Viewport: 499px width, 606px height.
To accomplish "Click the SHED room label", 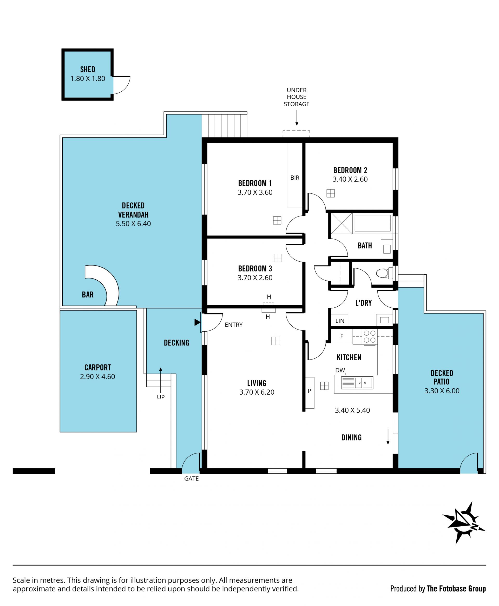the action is coord(88,70).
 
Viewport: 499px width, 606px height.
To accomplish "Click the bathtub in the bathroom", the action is coord(372,223).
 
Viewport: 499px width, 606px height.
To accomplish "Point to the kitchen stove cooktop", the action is coord(370,337).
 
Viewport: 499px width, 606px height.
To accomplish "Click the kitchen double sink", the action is coord(364,383).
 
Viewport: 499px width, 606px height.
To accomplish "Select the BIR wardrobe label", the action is coord(295,178).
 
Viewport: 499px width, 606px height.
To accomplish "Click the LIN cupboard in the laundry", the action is coord(339,320).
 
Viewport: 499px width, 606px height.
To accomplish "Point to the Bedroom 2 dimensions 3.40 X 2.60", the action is coord(350,179).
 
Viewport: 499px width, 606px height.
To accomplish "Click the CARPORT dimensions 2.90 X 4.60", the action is coord(97,377).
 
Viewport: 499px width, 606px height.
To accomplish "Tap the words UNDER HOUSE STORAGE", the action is coord(297,97).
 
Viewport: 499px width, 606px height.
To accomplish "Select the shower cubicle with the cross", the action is coord(342,223).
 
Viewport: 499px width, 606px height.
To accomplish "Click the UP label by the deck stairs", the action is coord(161,397).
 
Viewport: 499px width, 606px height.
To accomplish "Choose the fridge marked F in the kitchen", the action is coord(342,336).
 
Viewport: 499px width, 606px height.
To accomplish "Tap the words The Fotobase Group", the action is coord(456,589).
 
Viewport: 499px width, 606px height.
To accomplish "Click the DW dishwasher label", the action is coord(340,370).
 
